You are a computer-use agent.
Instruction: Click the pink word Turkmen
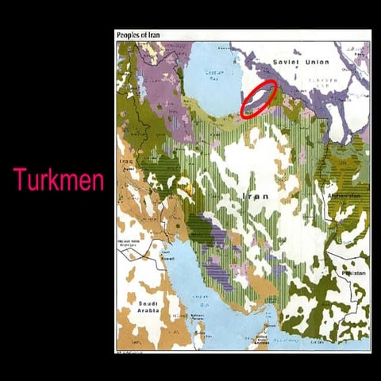coord(58,180)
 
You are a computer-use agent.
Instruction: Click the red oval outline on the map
coord(259,98)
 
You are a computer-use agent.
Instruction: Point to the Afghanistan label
coord(344,196)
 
